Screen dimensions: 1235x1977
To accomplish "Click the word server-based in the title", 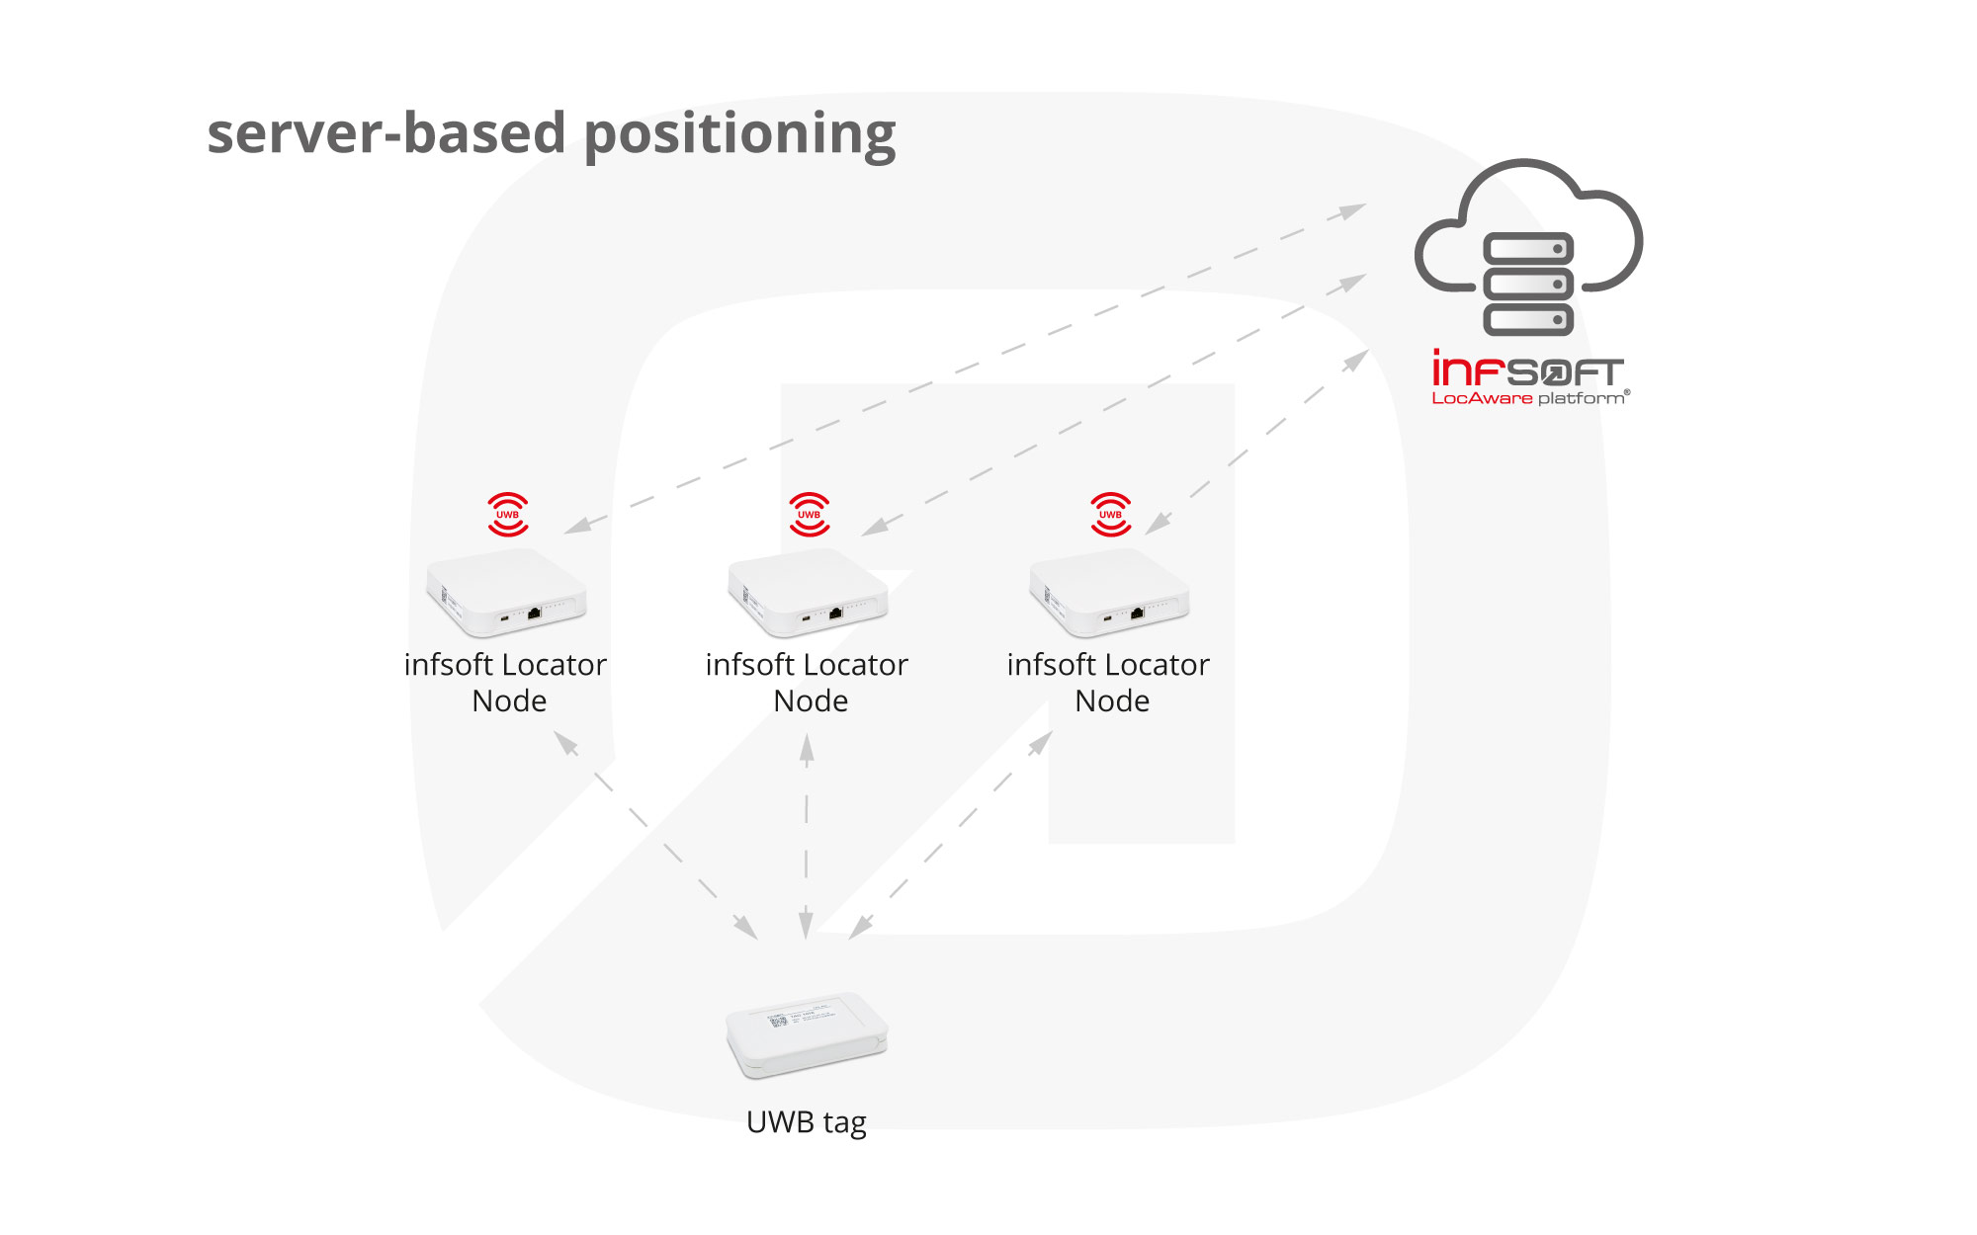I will click(387, 133).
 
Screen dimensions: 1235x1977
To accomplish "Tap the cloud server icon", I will click(1528, 247).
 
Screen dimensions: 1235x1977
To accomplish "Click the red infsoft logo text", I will click(1527, 370).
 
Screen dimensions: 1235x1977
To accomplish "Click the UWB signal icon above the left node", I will click(508, 515).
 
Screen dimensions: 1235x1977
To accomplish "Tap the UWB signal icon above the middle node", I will click(810, 515).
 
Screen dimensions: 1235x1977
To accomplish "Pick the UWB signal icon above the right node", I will click(1111, 515).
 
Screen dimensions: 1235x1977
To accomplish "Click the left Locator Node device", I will click(506, 593).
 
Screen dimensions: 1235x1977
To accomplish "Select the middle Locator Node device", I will click(808, 593).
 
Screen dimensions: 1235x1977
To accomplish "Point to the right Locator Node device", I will click(1109, 593).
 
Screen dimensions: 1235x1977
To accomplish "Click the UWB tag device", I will click(807, 1034).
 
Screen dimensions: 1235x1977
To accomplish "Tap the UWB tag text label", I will click(807, 1122).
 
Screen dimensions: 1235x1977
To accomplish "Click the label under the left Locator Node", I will click(506, 682).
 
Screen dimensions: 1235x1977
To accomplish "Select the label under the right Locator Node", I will click(1109, 682).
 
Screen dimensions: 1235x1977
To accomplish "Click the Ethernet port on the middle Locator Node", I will click(835, 613).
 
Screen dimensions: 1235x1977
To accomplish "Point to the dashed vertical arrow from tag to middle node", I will click(807, 835).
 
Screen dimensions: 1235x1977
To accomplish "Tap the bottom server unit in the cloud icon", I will click(1528, 319).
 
